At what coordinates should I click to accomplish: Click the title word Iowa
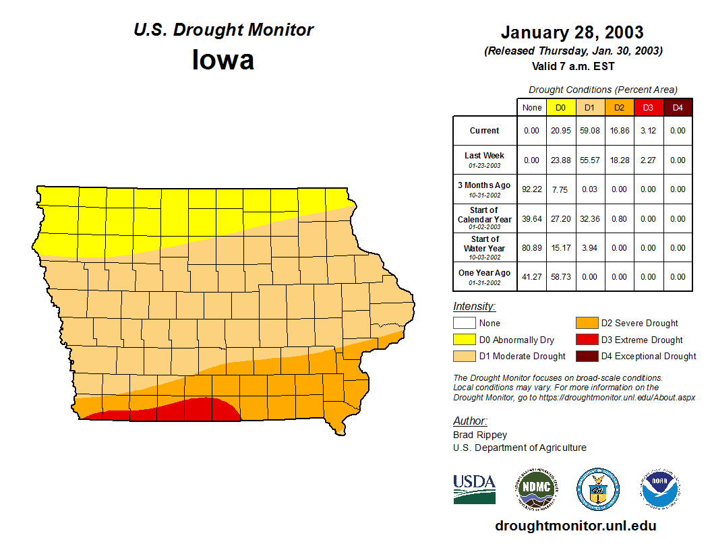tap(223, 60)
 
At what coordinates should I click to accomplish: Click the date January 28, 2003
tap(572, 32)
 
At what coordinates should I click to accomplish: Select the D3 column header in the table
tap(648, 107)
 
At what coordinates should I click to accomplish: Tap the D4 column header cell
tap(678, 107)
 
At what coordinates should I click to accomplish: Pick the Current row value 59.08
tap(590, 131)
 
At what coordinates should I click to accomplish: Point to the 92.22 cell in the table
tap(532, 189)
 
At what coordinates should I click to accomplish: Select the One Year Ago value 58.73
tap(561, 276)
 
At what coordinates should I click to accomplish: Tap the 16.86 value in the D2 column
tap(619, 131)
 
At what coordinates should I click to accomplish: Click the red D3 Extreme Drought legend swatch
tap(586, 340)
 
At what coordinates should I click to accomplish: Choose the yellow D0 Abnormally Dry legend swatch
tap(464, 340)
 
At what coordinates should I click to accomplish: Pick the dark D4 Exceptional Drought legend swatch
tap(586, 356)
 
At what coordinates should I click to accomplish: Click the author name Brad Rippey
tap(480, 435)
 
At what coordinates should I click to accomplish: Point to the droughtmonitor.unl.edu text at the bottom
tap(575, 526)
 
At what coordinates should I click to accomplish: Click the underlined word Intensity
tap(474, 307)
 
